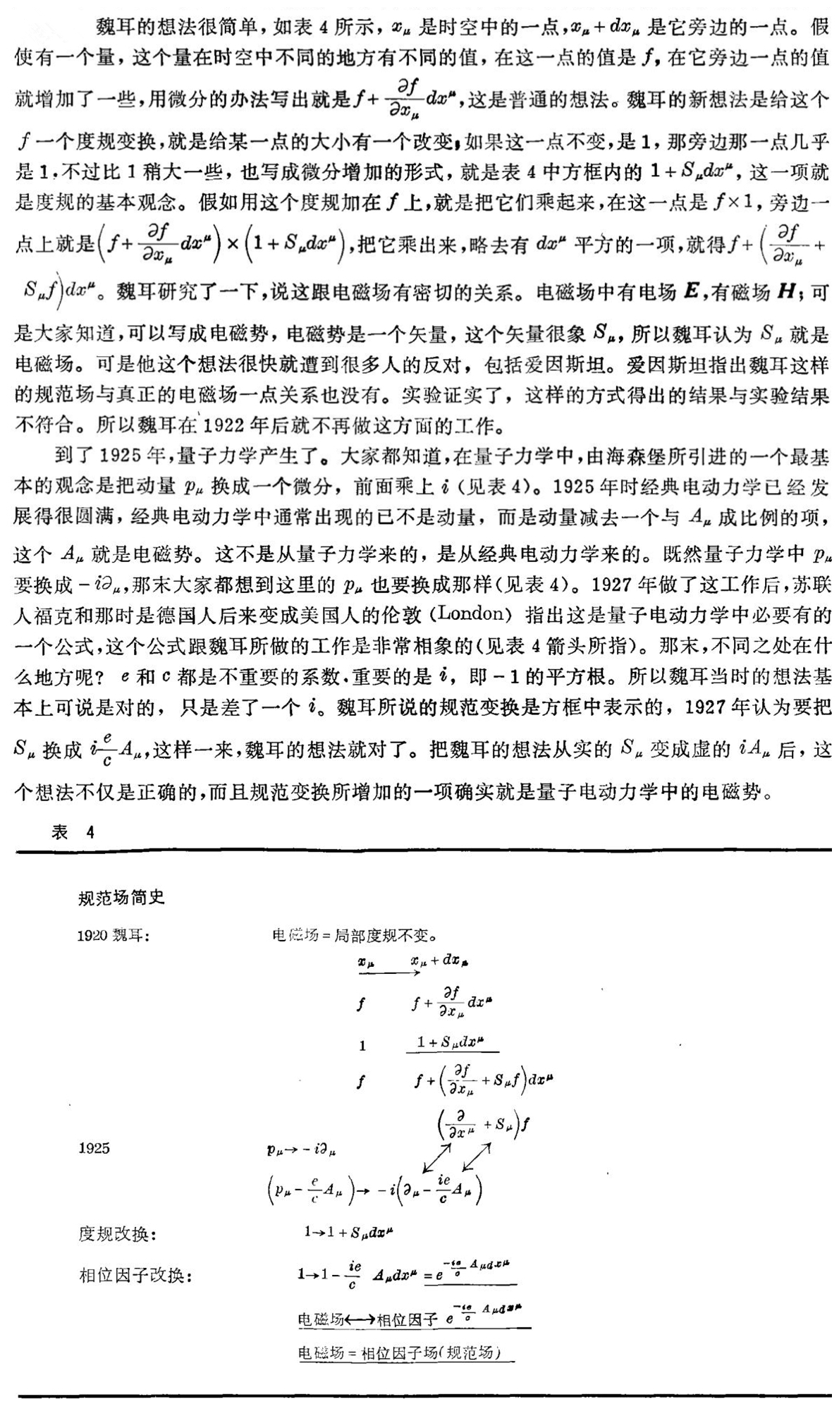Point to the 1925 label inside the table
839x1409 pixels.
click(94, 1148)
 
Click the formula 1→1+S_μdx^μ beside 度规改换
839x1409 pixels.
click(348, 1232)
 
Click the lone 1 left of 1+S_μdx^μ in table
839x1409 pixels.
click(362, 1045)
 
